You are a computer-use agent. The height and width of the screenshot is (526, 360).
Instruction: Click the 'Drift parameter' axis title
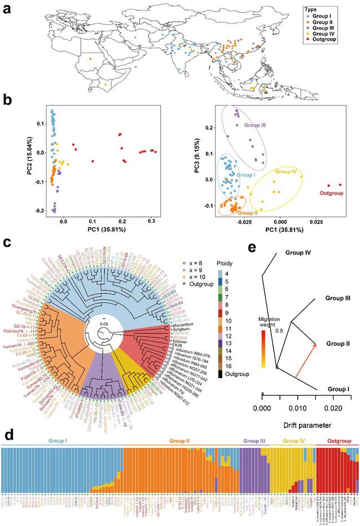click(x=298, y=426)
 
